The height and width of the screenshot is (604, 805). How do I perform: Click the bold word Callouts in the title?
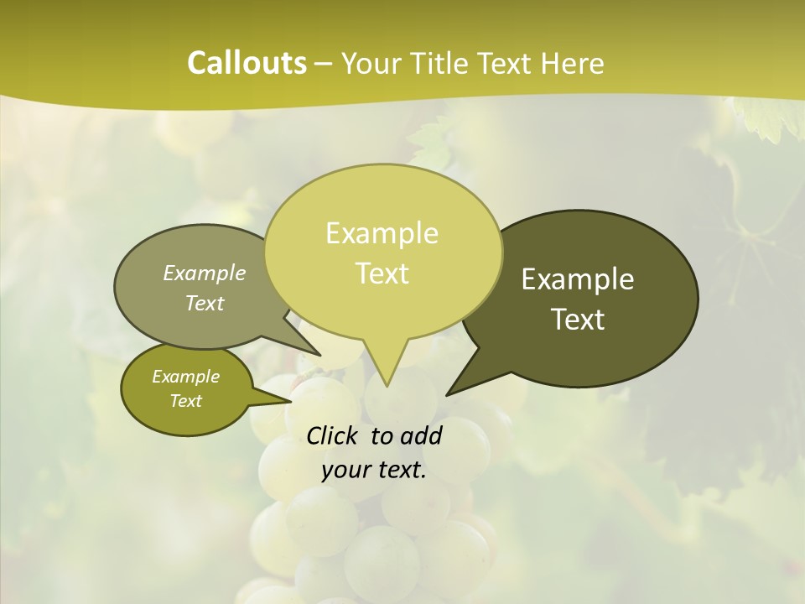coord(247,63)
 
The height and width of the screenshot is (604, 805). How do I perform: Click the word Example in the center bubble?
coord(382,233)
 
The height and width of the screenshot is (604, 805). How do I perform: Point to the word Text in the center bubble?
coord(382,273)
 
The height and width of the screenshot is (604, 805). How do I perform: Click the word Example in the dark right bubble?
coord(578,279)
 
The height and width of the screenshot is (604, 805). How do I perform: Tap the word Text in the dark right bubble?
coord(578,320)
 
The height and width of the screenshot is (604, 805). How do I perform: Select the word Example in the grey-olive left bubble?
coord(205,273)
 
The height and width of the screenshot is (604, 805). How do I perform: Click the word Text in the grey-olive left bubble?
coord(205,303)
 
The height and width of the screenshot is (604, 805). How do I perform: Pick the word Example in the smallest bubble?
coord(185,377)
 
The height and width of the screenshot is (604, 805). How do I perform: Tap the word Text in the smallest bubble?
coord(185,401)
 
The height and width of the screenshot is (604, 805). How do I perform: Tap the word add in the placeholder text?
coord(422,435)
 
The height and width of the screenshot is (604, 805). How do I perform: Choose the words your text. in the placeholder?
coord(374,470)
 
